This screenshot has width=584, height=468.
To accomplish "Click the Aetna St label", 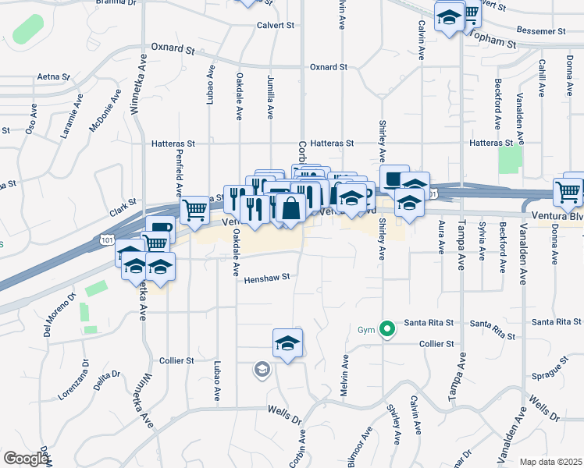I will click(53, 77).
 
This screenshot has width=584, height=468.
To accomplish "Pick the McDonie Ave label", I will click(105, 113).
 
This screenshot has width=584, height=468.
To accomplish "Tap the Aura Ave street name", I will click(442, 237).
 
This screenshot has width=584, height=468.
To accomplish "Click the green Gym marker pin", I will click(386, 329).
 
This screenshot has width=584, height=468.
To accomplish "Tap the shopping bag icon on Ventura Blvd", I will click(290, 208).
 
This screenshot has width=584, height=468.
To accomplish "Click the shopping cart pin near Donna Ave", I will click(568, 190).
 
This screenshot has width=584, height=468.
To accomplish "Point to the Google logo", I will click(25, 459).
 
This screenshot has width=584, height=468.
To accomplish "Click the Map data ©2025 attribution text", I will click(550, 462).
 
